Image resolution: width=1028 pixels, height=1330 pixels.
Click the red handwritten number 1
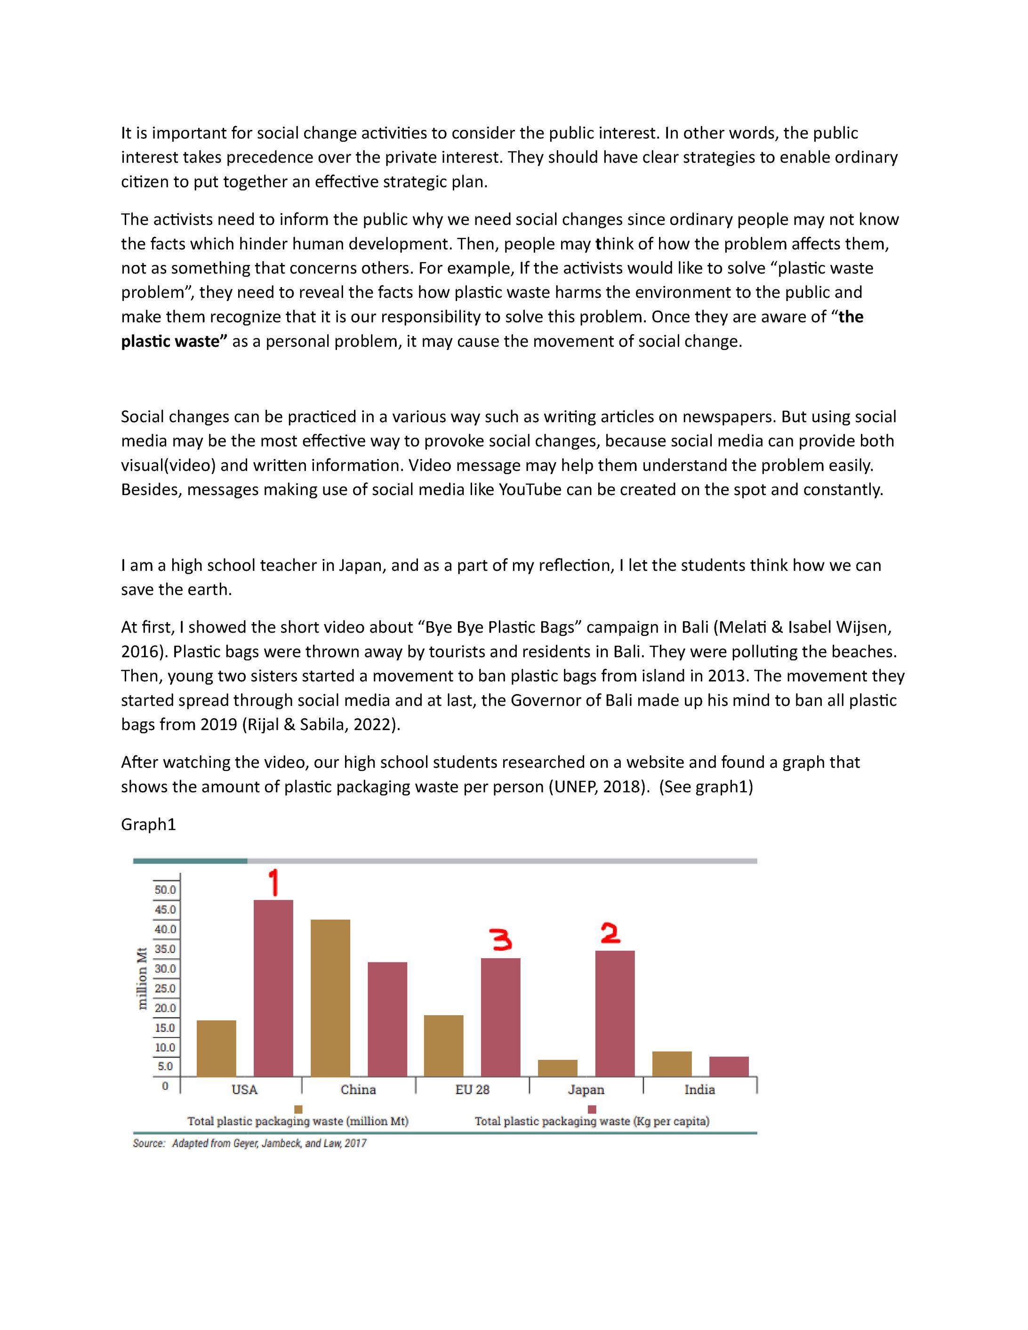pyautogui.click(x=274, y=882)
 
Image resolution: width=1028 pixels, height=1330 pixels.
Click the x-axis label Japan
pyautogui.click(x=586, y=1090)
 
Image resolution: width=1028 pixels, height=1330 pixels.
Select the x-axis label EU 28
pyautogui.click(x=472, y=1090)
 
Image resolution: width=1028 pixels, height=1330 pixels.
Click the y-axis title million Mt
pyautogui.click(x=143, y=978)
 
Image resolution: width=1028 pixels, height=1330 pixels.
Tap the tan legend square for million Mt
pyautogui.click(x=298, y=1109)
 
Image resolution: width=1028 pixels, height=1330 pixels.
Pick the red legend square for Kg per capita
pyautogui.click(x=592, y=1109)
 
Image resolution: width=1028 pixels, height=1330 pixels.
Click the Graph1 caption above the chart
pyautogui.click(x=149, y=825)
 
